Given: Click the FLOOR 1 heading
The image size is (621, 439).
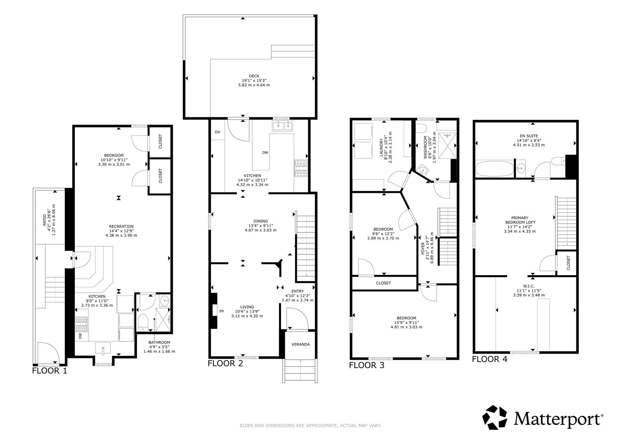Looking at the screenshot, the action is tap(50, 371).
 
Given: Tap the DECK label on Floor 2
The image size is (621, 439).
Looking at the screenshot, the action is tap(254, 76).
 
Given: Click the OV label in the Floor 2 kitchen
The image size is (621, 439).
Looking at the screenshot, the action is tap(217, 132).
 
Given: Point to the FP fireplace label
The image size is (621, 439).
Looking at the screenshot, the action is tap(222, 311).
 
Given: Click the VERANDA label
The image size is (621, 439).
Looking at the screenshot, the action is tap(300, 344).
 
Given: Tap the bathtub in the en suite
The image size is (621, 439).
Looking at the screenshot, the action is tap(494, 168).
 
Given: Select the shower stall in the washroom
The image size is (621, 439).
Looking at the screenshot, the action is tap(448, 146).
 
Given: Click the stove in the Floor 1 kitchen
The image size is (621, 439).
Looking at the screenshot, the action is tap(82, 324).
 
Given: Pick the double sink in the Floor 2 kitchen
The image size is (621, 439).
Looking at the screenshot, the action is tap(283, 126).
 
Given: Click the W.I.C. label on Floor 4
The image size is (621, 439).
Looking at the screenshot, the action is tap(529, 286).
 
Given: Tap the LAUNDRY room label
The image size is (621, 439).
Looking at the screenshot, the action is tap(381, 147).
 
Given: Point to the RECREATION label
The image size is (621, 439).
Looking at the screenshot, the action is tap(121, 226).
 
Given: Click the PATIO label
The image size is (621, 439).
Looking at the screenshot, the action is tap(44, 220).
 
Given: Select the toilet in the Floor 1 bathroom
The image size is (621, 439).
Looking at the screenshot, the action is tap(143, 323).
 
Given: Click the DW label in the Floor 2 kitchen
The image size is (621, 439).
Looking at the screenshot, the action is tap(265, 153).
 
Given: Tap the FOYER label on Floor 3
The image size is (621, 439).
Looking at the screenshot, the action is tap(423, 248).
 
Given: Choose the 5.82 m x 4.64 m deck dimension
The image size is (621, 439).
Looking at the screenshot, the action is tap(254, 85).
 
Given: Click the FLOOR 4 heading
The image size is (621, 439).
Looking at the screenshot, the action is tap(489, 359).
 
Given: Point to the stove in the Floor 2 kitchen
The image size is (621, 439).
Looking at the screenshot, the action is tap(301, 168).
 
